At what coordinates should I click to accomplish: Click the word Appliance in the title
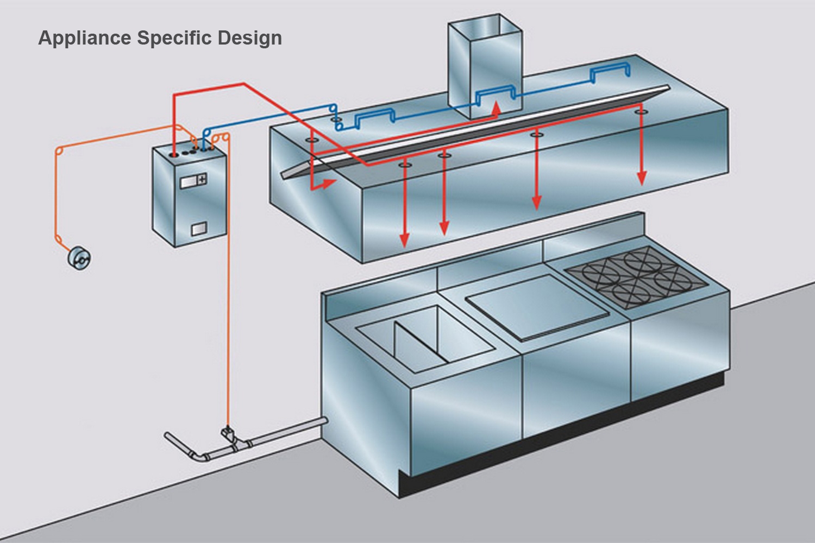85,38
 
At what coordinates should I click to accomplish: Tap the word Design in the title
249,38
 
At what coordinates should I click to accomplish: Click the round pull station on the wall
79,258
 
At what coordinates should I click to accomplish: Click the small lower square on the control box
199,229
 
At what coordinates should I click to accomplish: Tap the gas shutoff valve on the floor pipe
228,434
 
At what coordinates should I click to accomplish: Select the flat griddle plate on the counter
537,307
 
